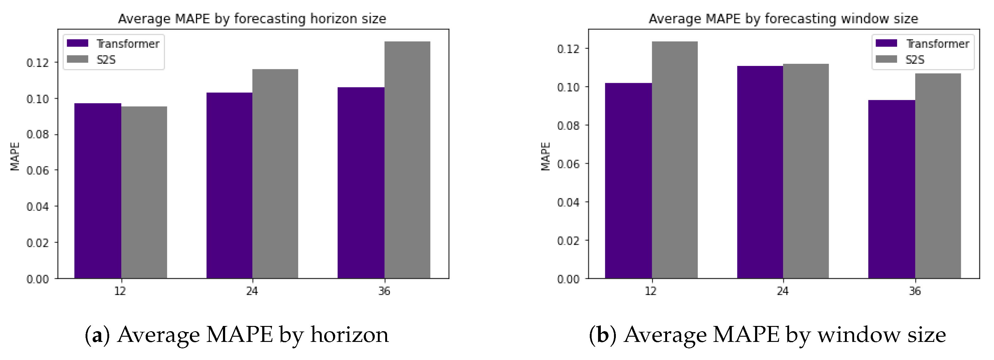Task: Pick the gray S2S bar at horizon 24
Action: coord(275,174)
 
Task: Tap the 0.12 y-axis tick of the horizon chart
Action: coord(37,63)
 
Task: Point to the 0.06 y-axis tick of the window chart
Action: coord(568,164)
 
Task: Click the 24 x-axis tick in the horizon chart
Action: coord(252,291)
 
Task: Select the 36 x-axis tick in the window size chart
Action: coord(915,291)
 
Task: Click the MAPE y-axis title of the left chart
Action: coord(15,156)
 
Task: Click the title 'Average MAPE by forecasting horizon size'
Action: coord(252,18)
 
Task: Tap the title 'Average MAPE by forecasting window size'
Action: coord(783,18)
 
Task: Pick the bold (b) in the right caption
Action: coord(602,335)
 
